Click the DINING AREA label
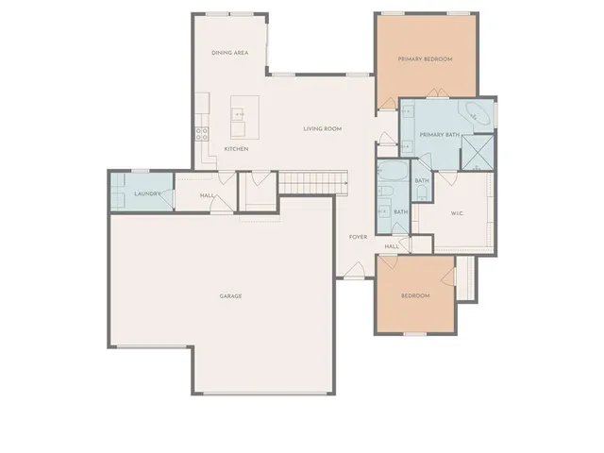pos(229,53)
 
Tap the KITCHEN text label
pos(236,149)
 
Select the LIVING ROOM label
pos(322,128)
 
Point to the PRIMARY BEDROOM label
pos(425,59)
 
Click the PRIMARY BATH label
pos(440,135)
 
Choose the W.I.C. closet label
pos(457,213)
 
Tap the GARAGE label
pos(231,296)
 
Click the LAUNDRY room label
pos(149,194)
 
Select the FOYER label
pos(358,237)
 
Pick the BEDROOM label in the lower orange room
pos(415,296)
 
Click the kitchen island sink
pos(240,115)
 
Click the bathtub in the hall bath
pos(390,173)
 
